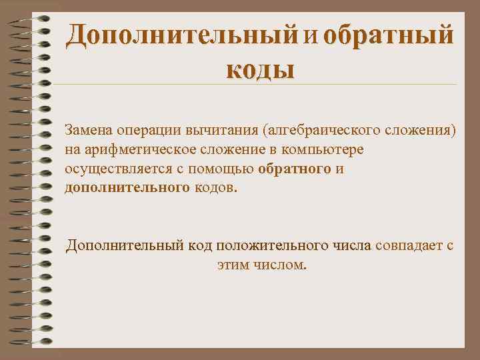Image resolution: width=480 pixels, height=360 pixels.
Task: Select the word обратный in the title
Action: pyautogui.click(x=388, y=35)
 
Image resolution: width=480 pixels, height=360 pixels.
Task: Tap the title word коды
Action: pyautogui.click(x=259, y=67)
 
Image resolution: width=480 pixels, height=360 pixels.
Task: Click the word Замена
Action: pyautogui.click(x=89, y=128)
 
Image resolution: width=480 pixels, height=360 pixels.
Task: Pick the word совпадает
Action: pyautogui.click(x=405, y=245)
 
